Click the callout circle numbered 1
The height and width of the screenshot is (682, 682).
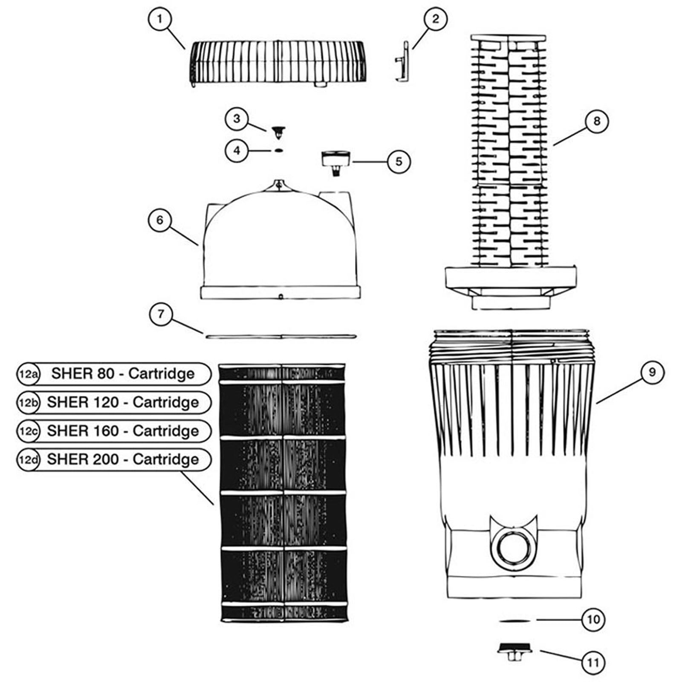[x=159, y=19]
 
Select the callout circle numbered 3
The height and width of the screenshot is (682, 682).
[x=237, y=118]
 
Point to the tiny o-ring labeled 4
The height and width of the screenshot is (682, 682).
[x=278, y=150]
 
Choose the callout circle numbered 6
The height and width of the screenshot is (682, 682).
[x=159, y=220]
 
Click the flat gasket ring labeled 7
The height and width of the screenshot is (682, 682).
[x=280, y=336]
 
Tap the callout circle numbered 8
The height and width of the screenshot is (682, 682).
[x=596, y=121]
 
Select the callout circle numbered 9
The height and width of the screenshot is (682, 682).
[x=652, y=372]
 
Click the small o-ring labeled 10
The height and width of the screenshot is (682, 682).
[x=514, y=621]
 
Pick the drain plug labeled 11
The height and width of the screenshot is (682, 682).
[x=515, y=651]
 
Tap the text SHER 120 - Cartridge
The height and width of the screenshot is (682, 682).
[x=123, y=402]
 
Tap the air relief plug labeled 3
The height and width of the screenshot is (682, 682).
[x=278, y=132]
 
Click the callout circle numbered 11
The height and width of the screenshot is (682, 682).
[x=593, y=662]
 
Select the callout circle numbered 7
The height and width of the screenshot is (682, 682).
[x=161, y=314]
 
